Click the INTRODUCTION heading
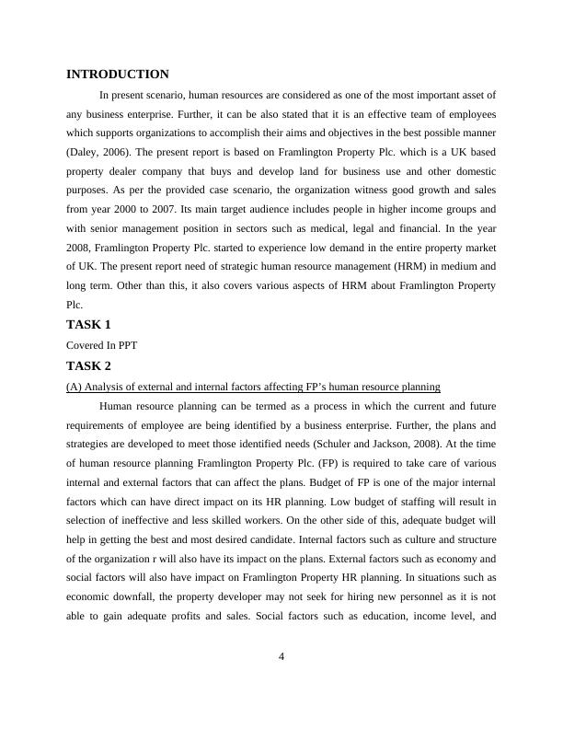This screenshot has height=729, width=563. tap(118, 75)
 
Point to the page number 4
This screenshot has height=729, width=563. tap(281, 656)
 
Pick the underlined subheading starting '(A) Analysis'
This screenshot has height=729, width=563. tap(241, 386)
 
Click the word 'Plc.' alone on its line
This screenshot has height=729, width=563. tap(75, 307)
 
